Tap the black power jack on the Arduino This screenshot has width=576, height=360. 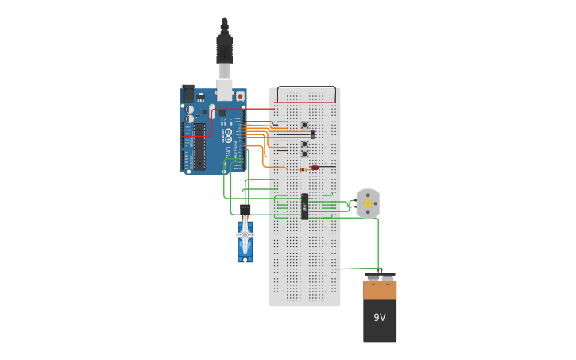pyautogui.click(x=188, y=94)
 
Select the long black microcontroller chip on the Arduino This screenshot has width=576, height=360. pyautogui.click(x=199, y=146)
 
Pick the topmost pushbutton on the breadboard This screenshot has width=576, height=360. pyautogui.click(x=304, y=125)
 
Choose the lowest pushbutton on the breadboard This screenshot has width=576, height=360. pyautogui.click(x=304, y=154)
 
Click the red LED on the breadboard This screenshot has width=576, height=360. pyautogui.click(x=315, y=168)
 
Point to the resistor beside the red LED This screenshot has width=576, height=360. pyautogui.click(x=303, y=168)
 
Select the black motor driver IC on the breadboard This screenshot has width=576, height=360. pyautogui.click(x=304, y=206)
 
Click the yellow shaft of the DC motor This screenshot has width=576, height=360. pyautogui.click(x=368, y=204)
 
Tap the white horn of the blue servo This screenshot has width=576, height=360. pyautogui.click(x=245, y=234)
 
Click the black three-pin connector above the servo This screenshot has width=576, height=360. pyautogui.click(x=245, y=211)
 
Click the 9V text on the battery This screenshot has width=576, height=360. pyautogui.click(x=380, y=318)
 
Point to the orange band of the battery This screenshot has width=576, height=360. pyautogui.click(x=380, y=290)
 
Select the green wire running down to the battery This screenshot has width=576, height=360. pyautogui.click(x=378, y=242)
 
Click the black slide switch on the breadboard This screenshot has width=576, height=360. pyautogui.click(x=312, y=134)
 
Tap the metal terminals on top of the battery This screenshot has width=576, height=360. pyautogui.click(x=380, y=277)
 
